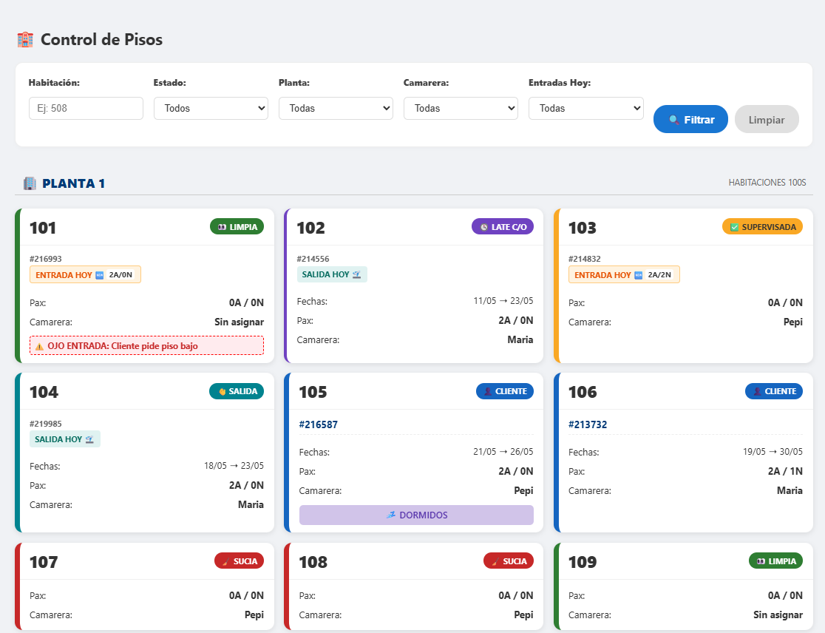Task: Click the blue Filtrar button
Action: pyautogui.click(x=690, y=120)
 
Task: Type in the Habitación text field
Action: pyautogui.click(x=86, y=109)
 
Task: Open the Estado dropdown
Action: pyautogui.click(x=211, y=109)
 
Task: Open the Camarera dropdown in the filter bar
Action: pyautogui.click(x=461, y=109)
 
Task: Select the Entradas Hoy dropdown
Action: pyautogui.click(x=585, y=109)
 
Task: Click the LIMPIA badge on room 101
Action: pyautogui.click(x=237, y=227)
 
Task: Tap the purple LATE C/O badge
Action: pyautogui.click(x=503, y=227)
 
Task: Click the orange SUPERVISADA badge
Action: pyautogui.click(x=762, y=227)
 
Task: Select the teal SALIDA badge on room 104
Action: pyautogui.click(x=237, y=391)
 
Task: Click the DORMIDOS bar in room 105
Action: pyautogui.click(x=416, y=515)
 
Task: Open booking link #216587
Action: pyautogui.click(x=319, y=424)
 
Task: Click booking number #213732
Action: pyautogui.click(x=588, y=424)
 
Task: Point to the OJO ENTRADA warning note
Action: pyautogui.click(x=147, y=345)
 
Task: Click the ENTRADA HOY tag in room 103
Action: pyautogui.click(x=624, y=274)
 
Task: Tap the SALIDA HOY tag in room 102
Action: pyautogui.click(x=332, y=274)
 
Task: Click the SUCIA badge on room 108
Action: pyautogui.click(x=509, y=561)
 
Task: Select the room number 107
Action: pyautogui.click(x=44, y=562)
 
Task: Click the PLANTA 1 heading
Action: pyautogui.click(x=73, y=183)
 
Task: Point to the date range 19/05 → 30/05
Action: pyautogui.click(x=773, y=452)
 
